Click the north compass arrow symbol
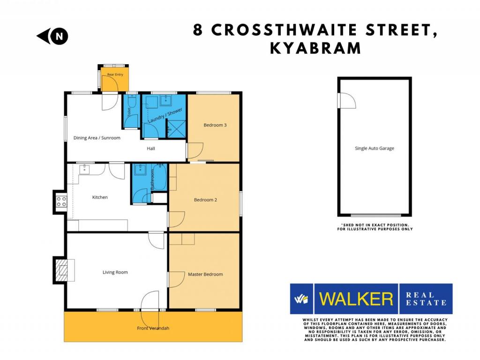tap(52, 36)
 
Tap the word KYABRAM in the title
tap(315, 48)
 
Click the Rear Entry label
tap(115, 75)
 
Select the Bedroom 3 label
tap(215, 125)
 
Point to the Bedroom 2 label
tap(205, 200)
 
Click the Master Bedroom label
tap(205, 274)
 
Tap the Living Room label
tap(115, 272)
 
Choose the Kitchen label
tap(100, 197)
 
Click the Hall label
tap(150, 149)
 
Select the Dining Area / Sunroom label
tap(97, 138)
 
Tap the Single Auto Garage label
tap(375, 148)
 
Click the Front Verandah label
tap(153, 328)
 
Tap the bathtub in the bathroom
tap(159, 177)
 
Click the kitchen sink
tap(84, 169)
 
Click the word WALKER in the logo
tap(356, 299)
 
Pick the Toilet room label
tap(129, 112)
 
